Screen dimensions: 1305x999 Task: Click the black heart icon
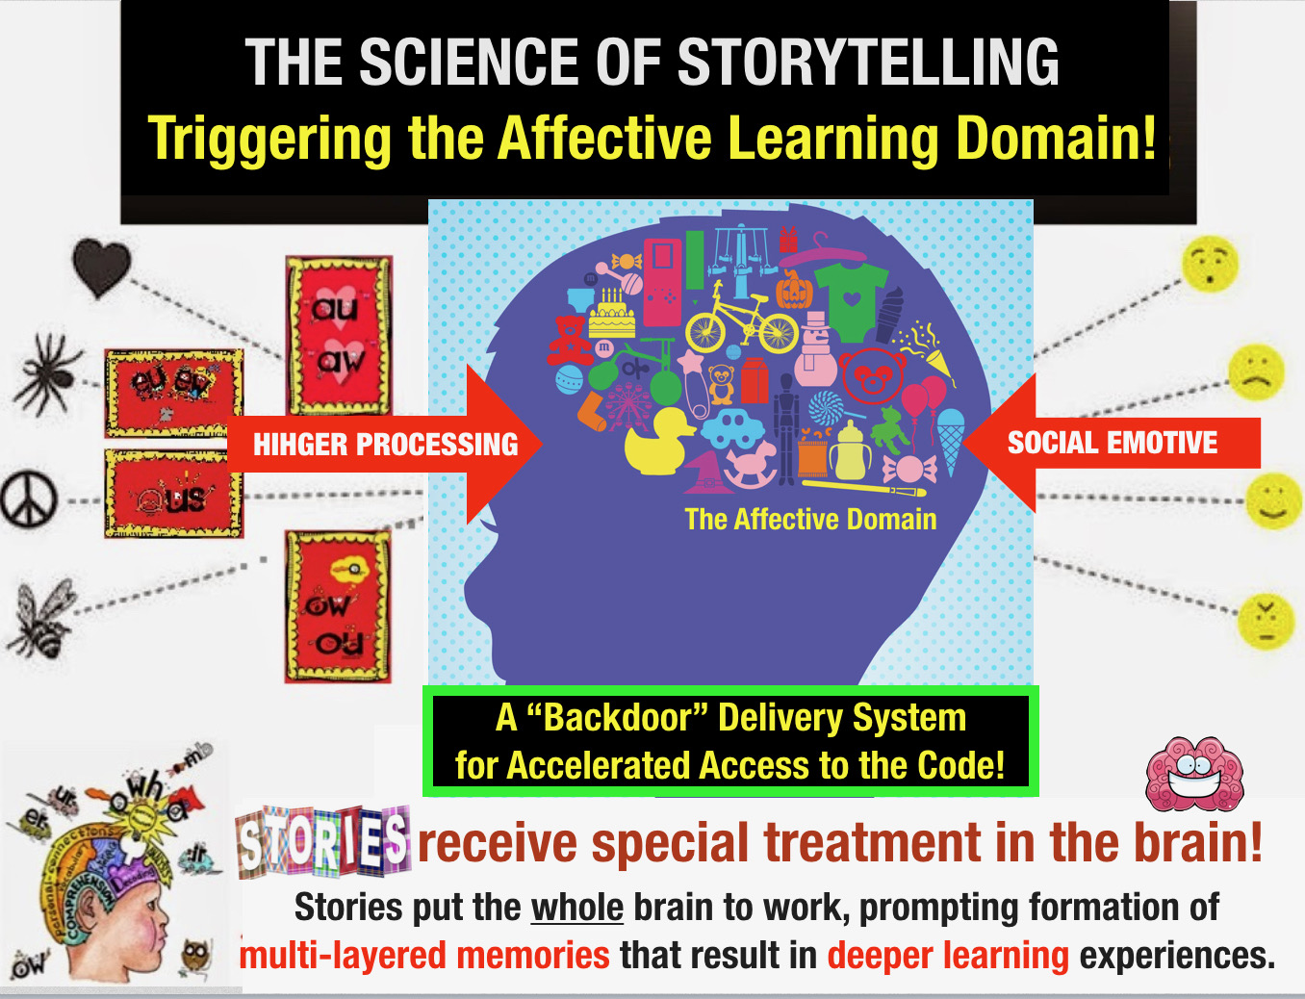101,267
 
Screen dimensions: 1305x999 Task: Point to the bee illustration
43,617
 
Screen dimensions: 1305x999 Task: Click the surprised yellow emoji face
1210,263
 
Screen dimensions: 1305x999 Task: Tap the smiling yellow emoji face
1273,500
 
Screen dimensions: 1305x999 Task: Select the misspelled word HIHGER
299,445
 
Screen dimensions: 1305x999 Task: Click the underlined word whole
577,908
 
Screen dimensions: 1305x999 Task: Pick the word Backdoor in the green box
617,718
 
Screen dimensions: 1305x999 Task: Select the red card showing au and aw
339,335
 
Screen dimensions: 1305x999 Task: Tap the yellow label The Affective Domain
810,520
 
